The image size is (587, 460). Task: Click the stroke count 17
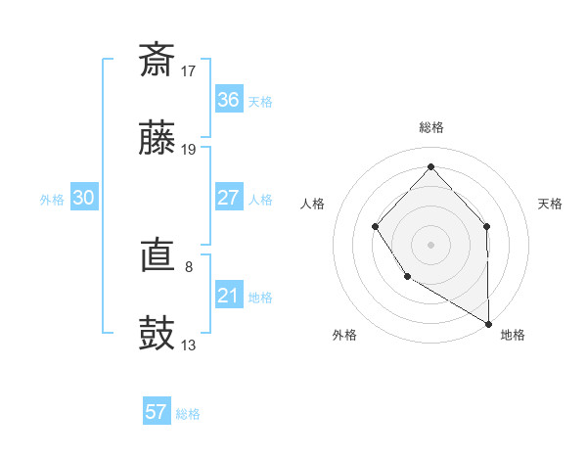[189, 70]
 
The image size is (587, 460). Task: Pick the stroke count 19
[189, 150]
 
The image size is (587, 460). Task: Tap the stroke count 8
[189, 265]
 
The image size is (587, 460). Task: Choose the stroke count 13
[189, 345]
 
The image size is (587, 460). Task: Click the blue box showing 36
[228, 99]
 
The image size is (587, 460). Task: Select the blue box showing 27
[228, 198]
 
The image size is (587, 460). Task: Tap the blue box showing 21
[228, 296]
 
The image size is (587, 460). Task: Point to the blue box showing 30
[83, 198]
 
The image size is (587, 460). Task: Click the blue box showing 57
[156, 412]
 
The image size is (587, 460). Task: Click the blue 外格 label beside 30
[52, 200]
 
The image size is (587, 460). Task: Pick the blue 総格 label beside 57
[188, 414]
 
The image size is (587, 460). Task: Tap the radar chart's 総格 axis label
[430, 127]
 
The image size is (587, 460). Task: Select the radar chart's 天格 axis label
[551, 204]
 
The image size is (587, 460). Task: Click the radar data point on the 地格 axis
[488, 323]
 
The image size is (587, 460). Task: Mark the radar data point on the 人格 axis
[376, 227]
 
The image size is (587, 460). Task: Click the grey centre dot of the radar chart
[430, 244]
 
